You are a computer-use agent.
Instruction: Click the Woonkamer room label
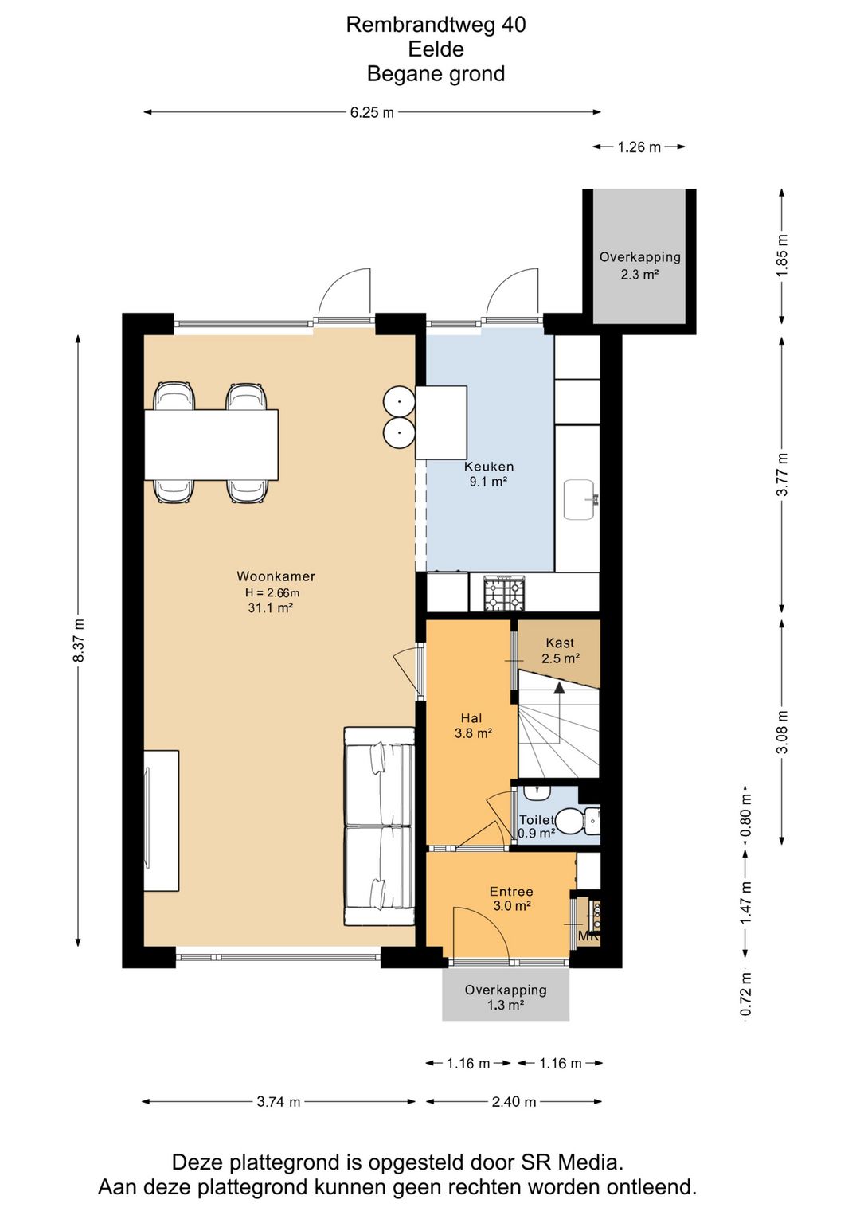(276, 576)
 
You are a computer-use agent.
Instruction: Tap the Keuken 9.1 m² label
(488, 474)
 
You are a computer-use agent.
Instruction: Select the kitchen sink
(580, 499)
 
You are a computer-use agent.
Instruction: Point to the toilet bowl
(575, 821)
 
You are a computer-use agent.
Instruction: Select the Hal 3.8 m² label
(472, 726)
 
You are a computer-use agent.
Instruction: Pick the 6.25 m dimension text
(372, 113)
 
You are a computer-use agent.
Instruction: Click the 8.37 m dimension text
(79, 640)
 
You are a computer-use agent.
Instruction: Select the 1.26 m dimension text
(639, 147)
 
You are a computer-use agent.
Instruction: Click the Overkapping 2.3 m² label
(639, 265)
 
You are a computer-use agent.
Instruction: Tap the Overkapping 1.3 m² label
(505, 998)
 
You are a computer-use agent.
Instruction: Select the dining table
(211, 445)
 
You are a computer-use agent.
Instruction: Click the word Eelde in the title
(436, 49)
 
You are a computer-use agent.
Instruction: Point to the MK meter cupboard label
(588, 936)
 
